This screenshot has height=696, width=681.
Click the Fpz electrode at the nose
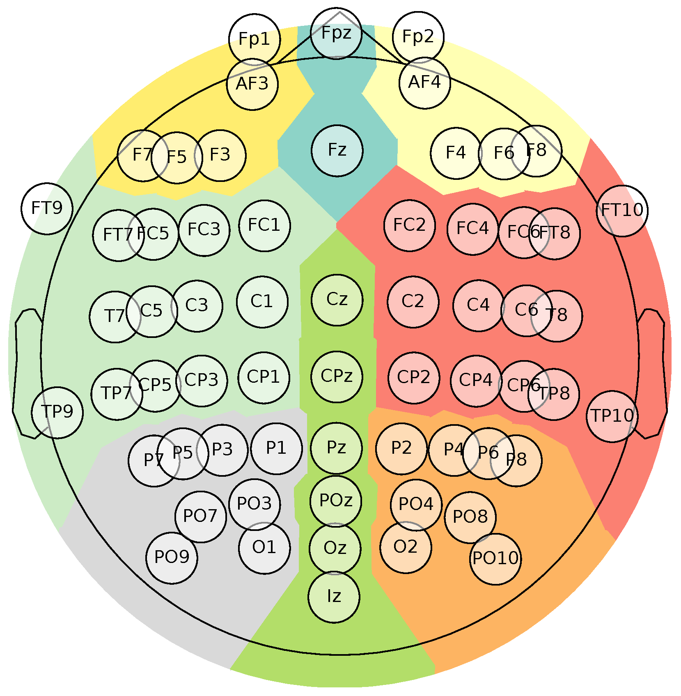click(336, 33)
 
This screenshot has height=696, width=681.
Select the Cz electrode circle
click(337, 300)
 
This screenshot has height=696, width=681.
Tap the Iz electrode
click(334, 596)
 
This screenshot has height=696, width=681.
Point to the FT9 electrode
click(47, 209)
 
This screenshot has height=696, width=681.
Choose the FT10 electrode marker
click(622, 211)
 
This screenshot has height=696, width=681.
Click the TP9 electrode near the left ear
click(57, 412)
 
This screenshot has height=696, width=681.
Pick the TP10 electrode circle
click(612, 416)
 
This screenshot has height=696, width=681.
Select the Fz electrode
click(337, 151)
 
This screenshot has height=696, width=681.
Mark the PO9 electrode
click(172, 558)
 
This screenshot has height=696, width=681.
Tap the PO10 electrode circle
click(495, 559)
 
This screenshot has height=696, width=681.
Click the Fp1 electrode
click(255, 40)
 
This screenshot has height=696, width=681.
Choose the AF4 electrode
click(424, 83)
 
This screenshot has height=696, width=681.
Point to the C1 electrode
click(262, 302)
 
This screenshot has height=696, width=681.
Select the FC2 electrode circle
click(409, 225)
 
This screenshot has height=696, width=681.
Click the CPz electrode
click(337, 377)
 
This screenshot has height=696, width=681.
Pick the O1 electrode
click(264, 548)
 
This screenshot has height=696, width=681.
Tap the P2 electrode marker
click(401, 448)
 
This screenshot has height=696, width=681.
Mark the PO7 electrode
click(200, 517)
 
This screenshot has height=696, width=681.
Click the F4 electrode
click(456, 153)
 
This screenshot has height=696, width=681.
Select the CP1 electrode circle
click(264, 377)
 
